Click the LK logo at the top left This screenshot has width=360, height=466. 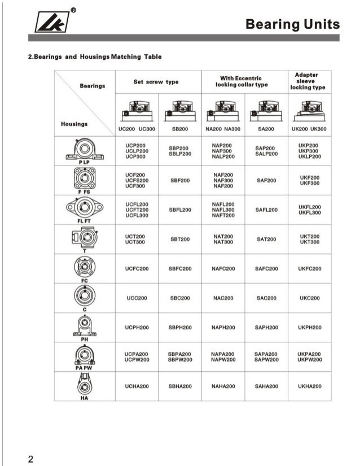54,21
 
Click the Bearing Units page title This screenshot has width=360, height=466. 293,24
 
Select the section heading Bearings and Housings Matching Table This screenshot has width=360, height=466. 95,57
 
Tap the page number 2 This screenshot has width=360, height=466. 32,458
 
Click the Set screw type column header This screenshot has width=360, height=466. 156,82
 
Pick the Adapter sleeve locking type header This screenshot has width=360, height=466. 308,81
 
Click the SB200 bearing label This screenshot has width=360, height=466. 179,129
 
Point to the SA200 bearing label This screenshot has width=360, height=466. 265,129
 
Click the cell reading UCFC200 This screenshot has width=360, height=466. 136,269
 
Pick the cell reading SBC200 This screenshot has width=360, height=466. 179,298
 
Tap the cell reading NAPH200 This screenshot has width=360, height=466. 223,328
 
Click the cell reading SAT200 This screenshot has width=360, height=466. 266,239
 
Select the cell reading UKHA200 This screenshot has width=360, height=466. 310,386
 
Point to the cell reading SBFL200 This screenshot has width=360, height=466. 179,210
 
